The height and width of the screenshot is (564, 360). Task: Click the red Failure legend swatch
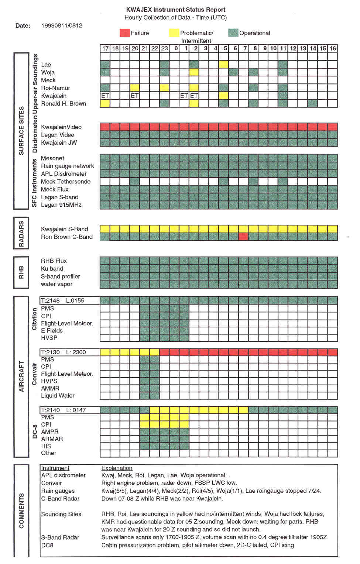point(125,33)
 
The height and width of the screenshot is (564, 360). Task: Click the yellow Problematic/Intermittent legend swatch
point(174,33)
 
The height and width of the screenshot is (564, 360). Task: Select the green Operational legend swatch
point(233,33)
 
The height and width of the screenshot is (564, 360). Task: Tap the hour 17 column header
point(105,48)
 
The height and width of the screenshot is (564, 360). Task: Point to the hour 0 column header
point(176,48)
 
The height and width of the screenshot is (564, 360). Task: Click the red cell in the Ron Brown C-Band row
point(243,237)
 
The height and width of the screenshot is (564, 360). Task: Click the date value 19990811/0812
point(62,25)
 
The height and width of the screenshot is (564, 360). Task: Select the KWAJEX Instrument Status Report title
point(175,10)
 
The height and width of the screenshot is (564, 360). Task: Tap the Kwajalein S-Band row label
point(64,229)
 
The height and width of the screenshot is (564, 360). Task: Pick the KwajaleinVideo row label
point(61,127)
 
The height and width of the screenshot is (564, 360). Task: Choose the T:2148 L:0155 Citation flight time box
point(69,300)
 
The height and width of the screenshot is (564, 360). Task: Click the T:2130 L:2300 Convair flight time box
point(69,352)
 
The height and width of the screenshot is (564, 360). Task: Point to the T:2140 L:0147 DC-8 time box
point(69,410)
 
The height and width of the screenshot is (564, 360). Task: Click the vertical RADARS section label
point(21,233)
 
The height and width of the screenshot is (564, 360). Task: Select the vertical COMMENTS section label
point(21,510)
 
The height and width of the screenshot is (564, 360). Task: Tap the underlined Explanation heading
point(117,468)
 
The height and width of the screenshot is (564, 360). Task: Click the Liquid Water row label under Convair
point(58,396)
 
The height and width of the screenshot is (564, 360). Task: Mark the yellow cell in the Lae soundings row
point(223,64)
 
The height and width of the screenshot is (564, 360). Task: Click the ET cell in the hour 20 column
point(135,96)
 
